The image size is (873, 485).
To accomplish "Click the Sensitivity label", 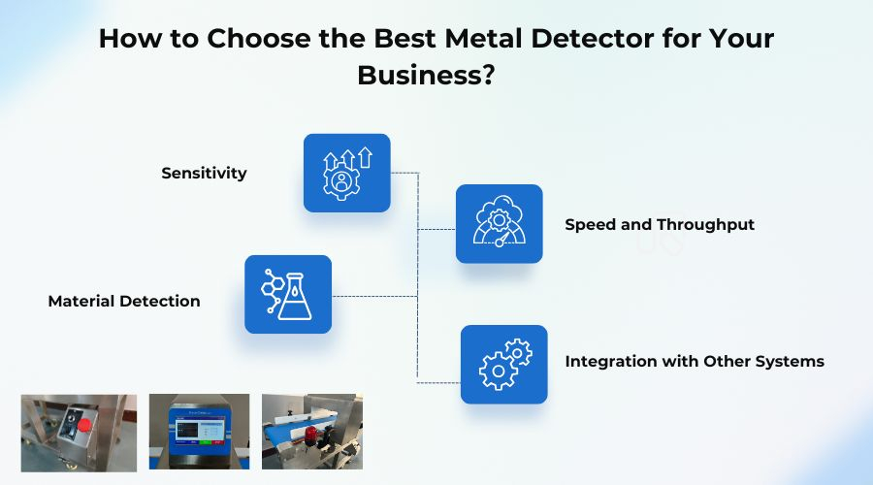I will click(x=204, y=174).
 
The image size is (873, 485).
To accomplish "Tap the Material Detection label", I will click(x=124, y=302).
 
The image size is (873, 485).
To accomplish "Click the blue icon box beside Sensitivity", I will click(x=346, y=173).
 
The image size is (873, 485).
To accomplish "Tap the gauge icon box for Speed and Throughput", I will click(x=499, y=224).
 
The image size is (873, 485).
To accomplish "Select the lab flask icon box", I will click(x=288, y=294).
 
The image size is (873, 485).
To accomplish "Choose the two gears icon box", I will click(x=503, y=364).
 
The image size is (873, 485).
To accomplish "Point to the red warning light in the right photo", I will click(x=313, y=433).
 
